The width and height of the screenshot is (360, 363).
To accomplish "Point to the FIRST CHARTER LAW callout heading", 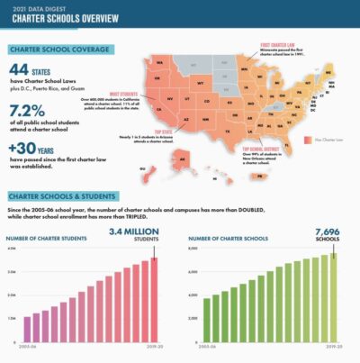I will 281,43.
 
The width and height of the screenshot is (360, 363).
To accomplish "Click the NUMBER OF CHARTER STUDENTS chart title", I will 53,239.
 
